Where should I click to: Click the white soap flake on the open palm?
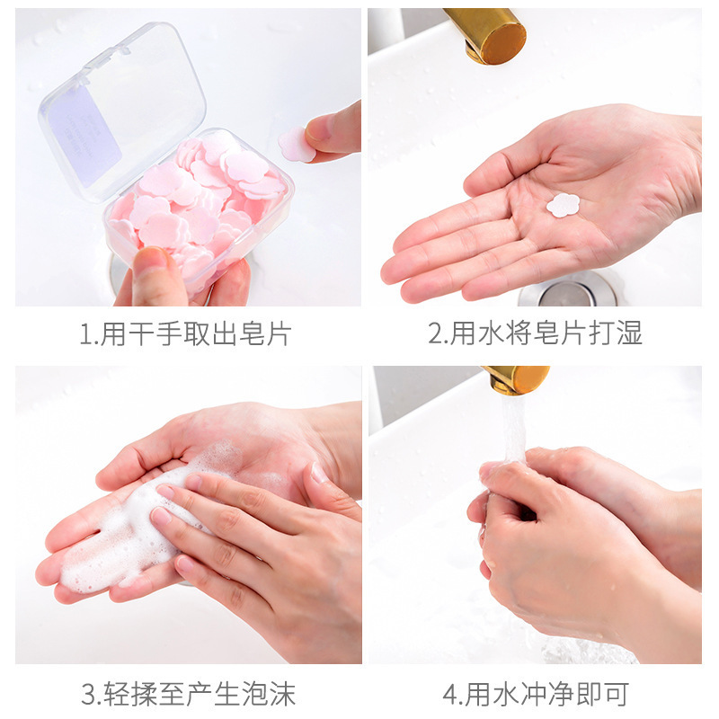pyautogui.click(x=564, y=205)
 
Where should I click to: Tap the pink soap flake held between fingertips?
pyautogui.click(x=297, y=144)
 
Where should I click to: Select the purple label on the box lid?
pyautogui.click(x=85, y=133)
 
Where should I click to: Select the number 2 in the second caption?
pyautogui.click(x=436, y=334)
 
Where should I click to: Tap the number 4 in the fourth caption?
pyautogui.click(x=450, y=694)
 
